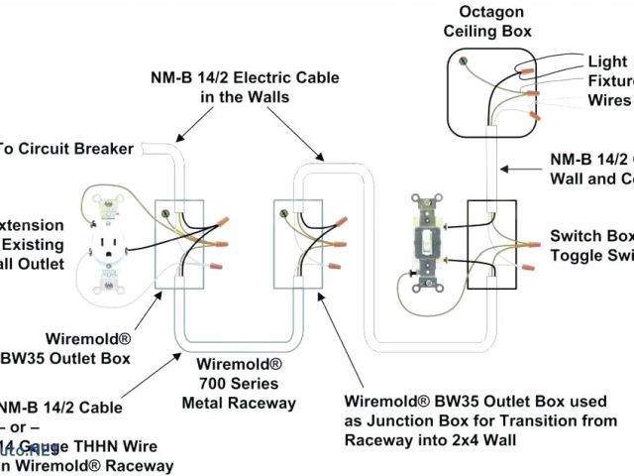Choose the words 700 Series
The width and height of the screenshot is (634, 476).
pyautogui.click(x=239, y=384)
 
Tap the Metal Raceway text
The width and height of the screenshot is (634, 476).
pyautogui.click(x=239, y=403)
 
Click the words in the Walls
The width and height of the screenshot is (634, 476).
pyautogui.click(x=245, y=96)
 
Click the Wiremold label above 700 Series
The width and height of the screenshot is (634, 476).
pyautogui.click(x=239, y=364)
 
